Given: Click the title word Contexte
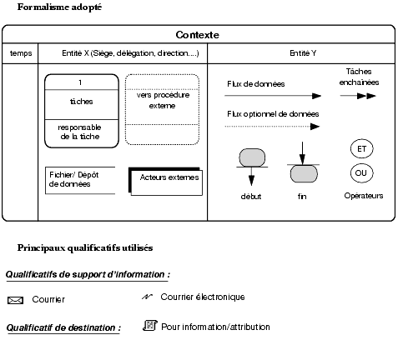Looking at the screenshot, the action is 197,35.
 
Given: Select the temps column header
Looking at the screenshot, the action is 21,53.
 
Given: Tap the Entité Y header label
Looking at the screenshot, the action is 303,53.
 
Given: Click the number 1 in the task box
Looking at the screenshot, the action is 80,82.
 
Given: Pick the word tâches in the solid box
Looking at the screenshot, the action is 81,102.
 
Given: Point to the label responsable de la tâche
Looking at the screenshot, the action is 79,132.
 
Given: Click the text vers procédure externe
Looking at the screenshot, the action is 163,100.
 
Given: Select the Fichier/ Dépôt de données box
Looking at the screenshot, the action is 80,180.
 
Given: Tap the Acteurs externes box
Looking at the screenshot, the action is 166,182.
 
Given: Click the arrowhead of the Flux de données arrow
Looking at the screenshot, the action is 316,96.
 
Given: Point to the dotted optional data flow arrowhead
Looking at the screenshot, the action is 315,127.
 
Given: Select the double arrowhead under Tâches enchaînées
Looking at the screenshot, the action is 366,96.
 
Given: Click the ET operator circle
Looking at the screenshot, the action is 361,149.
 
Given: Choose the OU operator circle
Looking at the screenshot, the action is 361,173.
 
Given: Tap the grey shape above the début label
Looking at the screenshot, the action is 252,157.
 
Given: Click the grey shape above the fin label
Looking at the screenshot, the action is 304,174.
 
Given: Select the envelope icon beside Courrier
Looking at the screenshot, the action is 15,300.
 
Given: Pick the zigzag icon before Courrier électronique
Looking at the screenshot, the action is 147,297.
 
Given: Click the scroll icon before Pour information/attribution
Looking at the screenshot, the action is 150,326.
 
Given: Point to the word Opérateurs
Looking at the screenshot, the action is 364,196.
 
